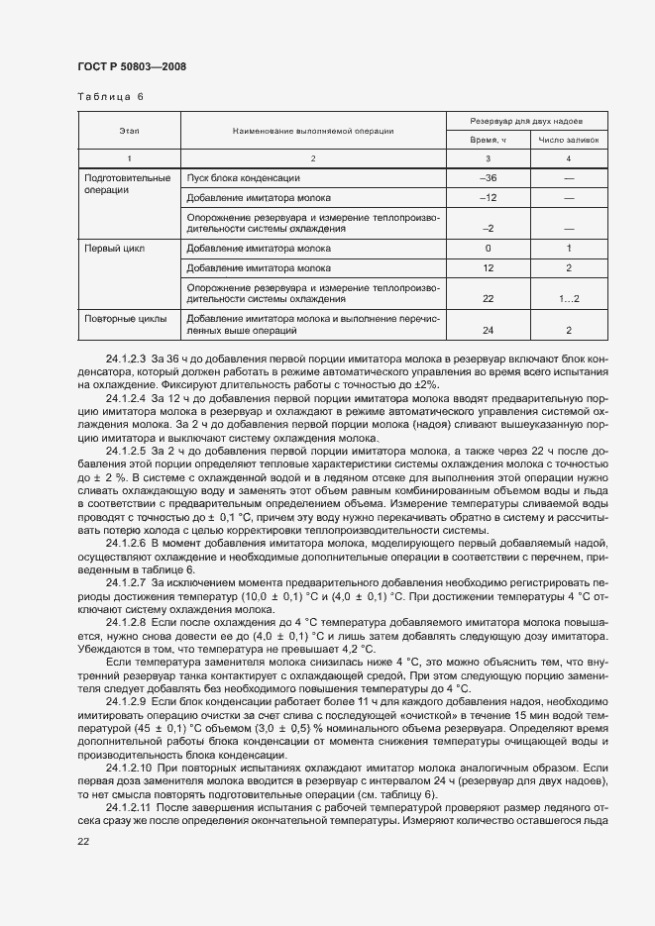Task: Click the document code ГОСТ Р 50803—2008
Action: [x=131, y=66]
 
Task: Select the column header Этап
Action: [x=129, y=130]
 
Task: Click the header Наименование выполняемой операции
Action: [x=313, y=130]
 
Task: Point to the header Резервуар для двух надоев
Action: [x=526, y=120]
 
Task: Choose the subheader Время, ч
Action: [x=488, y=141]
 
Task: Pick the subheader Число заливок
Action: [x=568, y=141]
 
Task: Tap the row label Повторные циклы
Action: [x=126, y=318]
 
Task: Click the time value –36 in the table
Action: [x=488, y=177]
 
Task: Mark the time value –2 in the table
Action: [x=488, y=228]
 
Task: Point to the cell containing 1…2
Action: [x=568, y=298]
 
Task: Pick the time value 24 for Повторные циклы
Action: [x=488, y=330]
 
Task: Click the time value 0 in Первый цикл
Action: [x=488, y=248]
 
